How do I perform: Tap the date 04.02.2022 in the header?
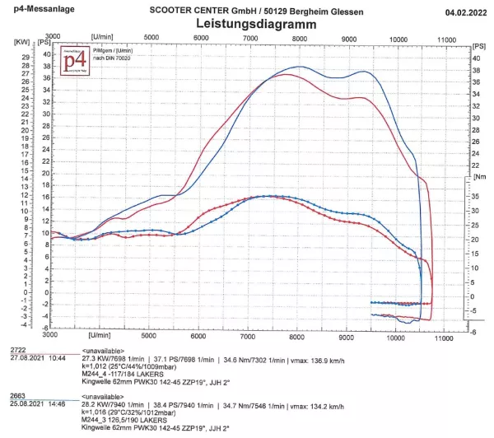461,12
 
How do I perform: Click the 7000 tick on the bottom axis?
249,337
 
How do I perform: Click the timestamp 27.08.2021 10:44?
38,358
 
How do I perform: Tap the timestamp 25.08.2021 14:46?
38,403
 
